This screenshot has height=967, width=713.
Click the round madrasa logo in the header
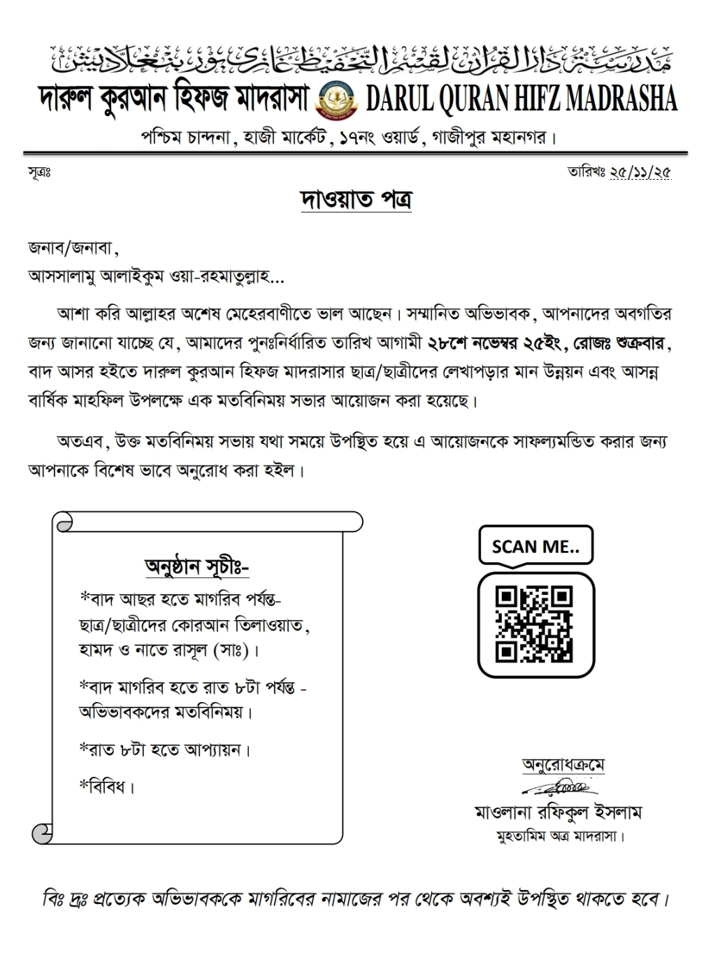336,100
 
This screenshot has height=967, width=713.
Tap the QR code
534,624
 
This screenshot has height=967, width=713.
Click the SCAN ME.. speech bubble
535,546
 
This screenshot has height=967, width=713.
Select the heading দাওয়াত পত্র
356,200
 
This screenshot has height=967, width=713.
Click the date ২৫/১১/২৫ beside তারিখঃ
640,172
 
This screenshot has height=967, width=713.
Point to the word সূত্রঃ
39,172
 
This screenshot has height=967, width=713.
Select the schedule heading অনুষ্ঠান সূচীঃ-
196,566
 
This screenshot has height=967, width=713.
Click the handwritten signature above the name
559,788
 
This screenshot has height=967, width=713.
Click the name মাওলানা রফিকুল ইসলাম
558,812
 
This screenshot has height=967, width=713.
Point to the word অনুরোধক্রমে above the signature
563,765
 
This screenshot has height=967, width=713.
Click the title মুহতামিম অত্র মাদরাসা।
560,836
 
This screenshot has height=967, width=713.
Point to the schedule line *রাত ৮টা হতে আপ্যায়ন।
165,750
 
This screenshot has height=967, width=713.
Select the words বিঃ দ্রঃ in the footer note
64,898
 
